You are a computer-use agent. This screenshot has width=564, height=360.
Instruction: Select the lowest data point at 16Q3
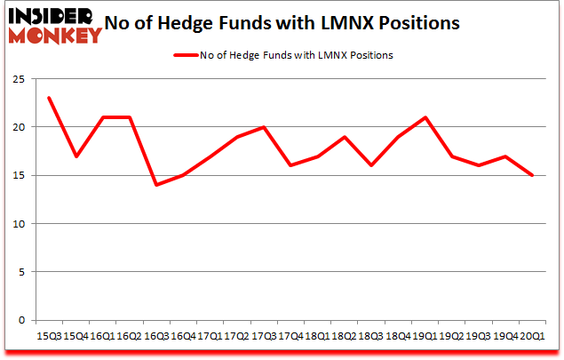(155, 185)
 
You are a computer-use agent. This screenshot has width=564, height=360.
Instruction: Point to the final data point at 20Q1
(533, 175)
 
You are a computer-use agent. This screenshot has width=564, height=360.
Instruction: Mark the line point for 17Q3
(264, 127)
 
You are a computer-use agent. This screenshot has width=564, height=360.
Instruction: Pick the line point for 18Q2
(345, 137)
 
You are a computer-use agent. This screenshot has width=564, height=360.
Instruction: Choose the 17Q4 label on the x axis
(290, 337)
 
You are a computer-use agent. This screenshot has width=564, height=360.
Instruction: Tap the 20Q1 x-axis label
(533, 337)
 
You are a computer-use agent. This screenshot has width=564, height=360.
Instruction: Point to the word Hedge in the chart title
(213, 24)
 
